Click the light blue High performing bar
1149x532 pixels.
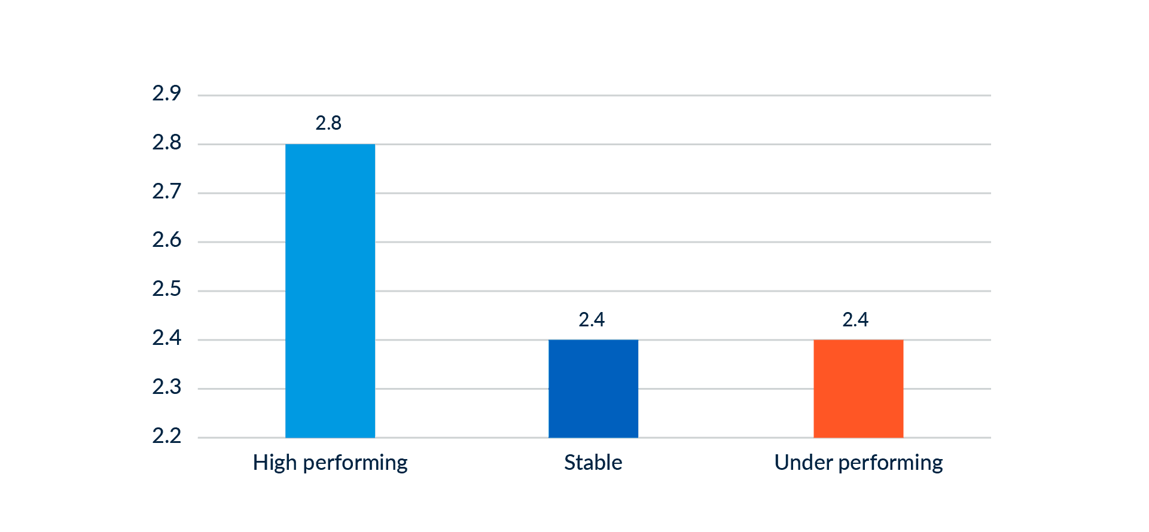pyautogui.click(x=330, y=291)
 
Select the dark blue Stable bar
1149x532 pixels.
pyautogui.click(x=593, y=389)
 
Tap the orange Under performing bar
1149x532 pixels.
pyautogui.click(x=858, y=389)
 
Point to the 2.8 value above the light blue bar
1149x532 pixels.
pyautogui.click(x=328, y=123)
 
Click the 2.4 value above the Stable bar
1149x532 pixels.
pyautogui.click(x=592, y=320)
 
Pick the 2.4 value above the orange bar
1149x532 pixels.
pyautogui.click(x=855, y=320)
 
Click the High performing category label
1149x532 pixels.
pyautogui.click(x=330, y=463)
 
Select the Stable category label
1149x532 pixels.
pyautogui.click(x=593, y=463)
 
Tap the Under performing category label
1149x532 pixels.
pyautogui.click(x=858, y=463)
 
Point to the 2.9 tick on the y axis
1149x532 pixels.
pyautogui.click(x=166, y=94)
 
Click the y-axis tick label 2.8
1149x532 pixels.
pyautogui.click(x=166, y=143)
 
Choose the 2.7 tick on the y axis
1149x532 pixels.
pyautogui.click(x=166, y=192)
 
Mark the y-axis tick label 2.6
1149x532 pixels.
pyautogui.click(x=166, y=240)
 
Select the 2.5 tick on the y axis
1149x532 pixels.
pyautogui.click(x=166, y=289)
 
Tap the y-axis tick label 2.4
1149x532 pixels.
pyautogui.click(x=166, y=338)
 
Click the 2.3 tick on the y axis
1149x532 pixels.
pyautogui.click(x=166, y=387)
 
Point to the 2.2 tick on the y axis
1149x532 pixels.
pyautogui.click(x=166, y=436)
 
